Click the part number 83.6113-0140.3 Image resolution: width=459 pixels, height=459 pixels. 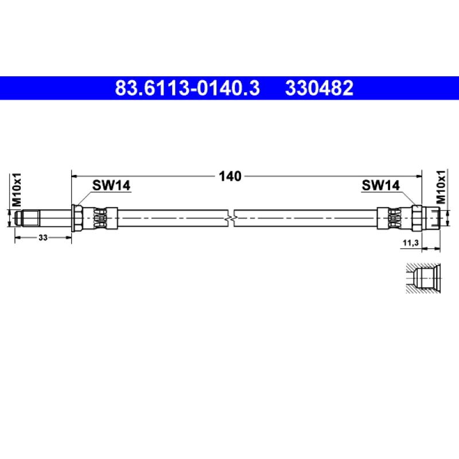(x=187, y=88)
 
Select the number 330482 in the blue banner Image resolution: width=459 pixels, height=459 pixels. (x=319, y=88)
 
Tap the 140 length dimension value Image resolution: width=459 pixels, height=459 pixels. (x=230, y=176)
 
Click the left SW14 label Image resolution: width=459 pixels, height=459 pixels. (x=111, y=185)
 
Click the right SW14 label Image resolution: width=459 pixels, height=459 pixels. (x=380, y=185)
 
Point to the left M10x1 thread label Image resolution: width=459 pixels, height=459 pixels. (x=17, y=189)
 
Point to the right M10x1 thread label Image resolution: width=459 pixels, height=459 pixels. (x=441, y=187)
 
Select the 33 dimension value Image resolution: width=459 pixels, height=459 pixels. (x=42, y=238)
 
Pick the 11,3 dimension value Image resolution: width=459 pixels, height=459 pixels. (x=411, y=243)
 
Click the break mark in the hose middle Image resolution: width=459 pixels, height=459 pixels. (x=231, y=219)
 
